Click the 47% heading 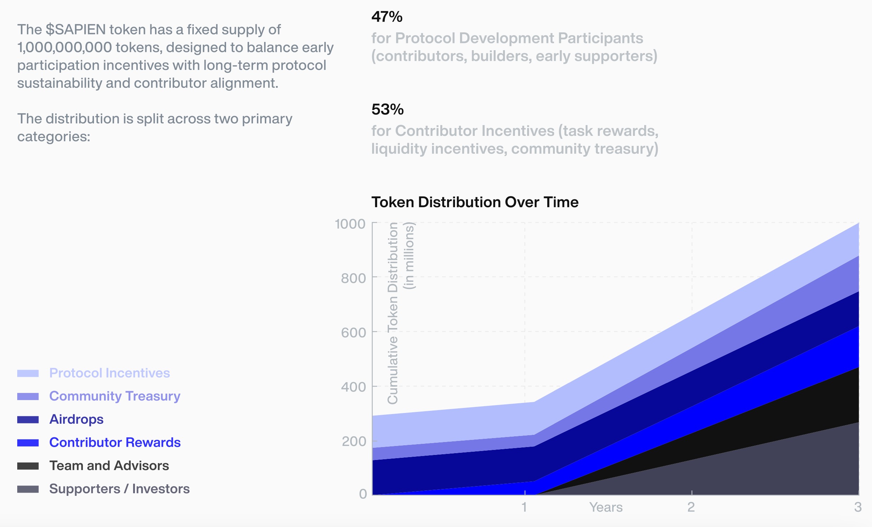[387, 17]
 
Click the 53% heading [388, 109]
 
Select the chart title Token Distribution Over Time [475, 202]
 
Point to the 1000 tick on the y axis [350, 224]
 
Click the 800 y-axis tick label [353, 278]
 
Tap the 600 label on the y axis [353, 333]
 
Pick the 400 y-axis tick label [353, 387]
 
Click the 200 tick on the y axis [353, 441]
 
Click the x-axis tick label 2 [691, 507]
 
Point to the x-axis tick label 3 [858, 507]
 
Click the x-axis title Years [606, 507]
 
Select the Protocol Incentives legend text [109, 373]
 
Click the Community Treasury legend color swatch [28, 397]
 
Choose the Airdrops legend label [76, 419]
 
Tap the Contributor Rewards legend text [115, 442]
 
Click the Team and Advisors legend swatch [28, 466]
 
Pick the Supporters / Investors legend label [119, 489]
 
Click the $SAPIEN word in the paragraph [76, 29]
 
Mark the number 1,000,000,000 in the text [65, 47]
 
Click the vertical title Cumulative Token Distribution [393, 313]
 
